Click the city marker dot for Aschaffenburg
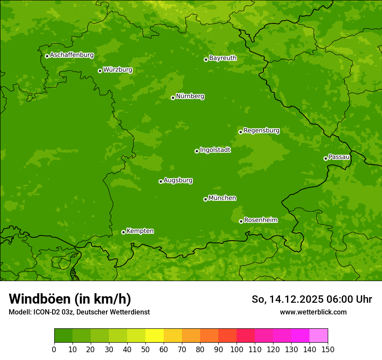tap(47, 56)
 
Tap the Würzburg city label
tap(118, 70)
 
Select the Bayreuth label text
tap(223, 58)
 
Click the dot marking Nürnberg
tap(173, 98)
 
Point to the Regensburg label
tap(261, 131)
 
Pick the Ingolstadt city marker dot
tap(197, 151)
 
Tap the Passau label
tap(339, 157)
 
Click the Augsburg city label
tap(178, 180)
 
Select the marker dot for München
tap(205, 199)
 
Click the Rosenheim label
tap(260, 220)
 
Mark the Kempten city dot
tap(123, 232)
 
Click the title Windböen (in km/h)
tap(69, 299)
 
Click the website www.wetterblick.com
tap(313, 312)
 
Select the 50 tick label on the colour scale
tap(145, 349)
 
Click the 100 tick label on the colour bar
tap(237, 349)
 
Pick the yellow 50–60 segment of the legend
tap(155, 336)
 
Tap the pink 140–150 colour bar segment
tap(319, 336)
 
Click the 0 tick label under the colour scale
tap(54, 349)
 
